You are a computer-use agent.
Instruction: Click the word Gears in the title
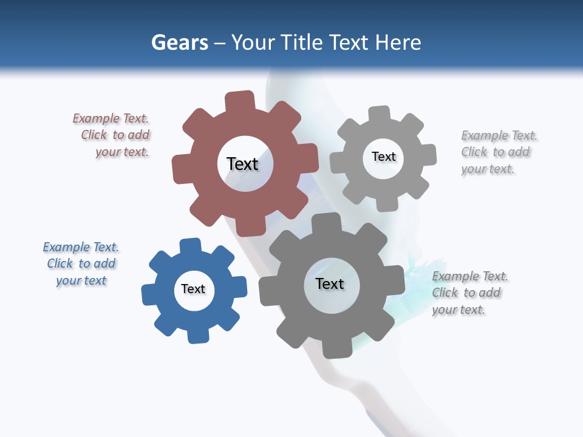pos(179,42)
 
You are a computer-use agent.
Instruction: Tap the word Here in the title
pos(398,42)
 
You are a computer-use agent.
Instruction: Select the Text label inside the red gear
pos(242,164)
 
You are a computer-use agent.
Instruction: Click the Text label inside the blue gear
pos(193,289)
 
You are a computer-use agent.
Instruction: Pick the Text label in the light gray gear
pos(383,157)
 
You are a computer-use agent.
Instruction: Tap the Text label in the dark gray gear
pos(330,283)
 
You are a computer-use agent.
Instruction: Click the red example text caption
pos(112,135)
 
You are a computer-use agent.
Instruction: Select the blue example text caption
pos(81,263)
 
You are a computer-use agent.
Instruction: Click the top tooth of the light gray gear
pos(380,113)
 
